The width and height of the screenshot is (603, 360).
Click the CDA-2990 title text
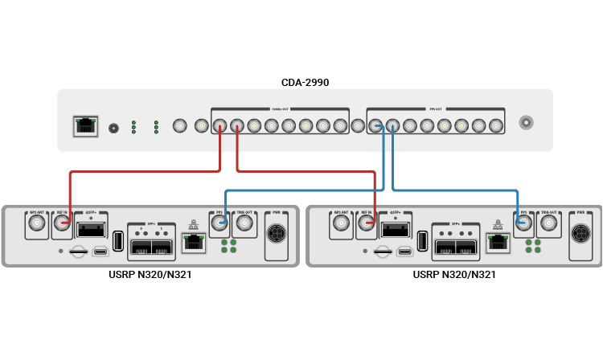305,82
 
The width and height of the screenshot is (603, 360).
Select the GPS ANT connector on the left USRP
36,227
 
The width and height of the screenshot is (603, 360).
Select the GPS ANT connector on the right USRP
340,227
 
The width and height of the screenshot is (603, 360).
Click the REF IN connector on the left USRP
62,227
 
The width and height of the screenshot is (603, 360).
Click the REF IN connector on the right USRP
366,227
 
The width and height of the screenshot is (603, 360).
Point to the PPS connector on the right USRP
524,226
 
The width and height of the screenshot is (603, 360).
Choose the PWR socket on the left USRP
279,235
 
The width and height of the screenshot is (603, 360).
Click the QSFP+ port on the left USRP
90,230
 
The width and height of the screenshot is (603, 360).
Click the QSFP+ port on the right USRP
394,230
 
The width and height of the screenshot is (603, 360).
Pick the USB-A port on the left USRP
117,240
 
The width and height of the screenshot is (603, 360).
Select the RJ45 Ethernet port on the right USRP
498,243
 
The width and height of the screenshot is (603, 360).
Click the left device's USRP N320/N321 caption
150,275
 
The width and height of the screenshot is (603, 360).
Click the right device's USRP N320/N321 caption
454,275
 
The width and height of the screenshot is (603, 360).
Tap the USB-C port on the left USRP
100,252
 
